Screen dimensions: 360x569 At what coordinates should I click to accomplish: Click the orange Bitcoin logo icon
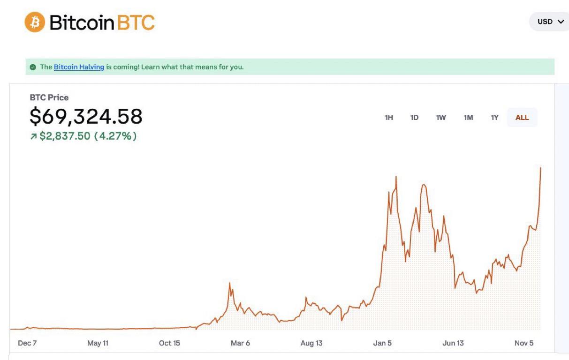click(x=35, y=22)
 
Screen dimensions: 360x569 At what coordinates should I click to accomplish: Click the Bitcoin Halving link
click(x=79, y=67)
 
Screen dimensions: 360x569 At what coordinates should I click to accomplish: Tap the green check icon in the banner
click(x=32, y=67)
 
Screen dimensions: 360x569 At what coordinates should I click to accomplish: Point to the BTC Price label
click(x=49, y=97)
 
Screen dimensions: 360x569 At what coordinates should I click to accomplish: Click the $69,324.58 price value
click(x=86, y=116)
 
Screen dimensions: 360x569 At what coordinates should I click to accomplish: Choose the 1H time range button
click(x=389, y=118)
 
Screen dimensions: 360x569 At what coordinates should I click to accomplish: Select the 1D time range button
click(x=414, y=118)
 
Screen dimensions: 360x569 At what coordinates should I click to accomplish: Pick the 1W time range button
click(x=441, y=118)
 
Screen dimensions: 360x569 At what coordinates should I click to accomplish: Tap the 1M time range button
click(x=468, y=118)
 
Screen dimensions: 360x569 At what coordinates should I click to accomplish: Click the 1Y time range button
click(x=494, y=118)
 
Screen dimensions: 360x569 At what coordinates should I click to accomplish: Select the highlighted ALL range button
click(x=522, y=118)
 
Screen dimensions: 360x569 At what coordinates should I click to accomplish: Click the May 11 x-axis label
click(x=98, y=343)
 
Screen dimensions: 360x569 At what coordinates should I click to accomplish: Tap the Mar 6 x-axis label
click(x=240, y=343)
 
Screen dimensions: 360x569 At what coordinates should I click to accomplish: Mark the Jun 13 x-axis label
click(x=453, y=343)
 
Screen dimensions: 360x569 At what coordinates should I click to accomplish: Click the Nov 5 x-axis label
click(x=524, y=343)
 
